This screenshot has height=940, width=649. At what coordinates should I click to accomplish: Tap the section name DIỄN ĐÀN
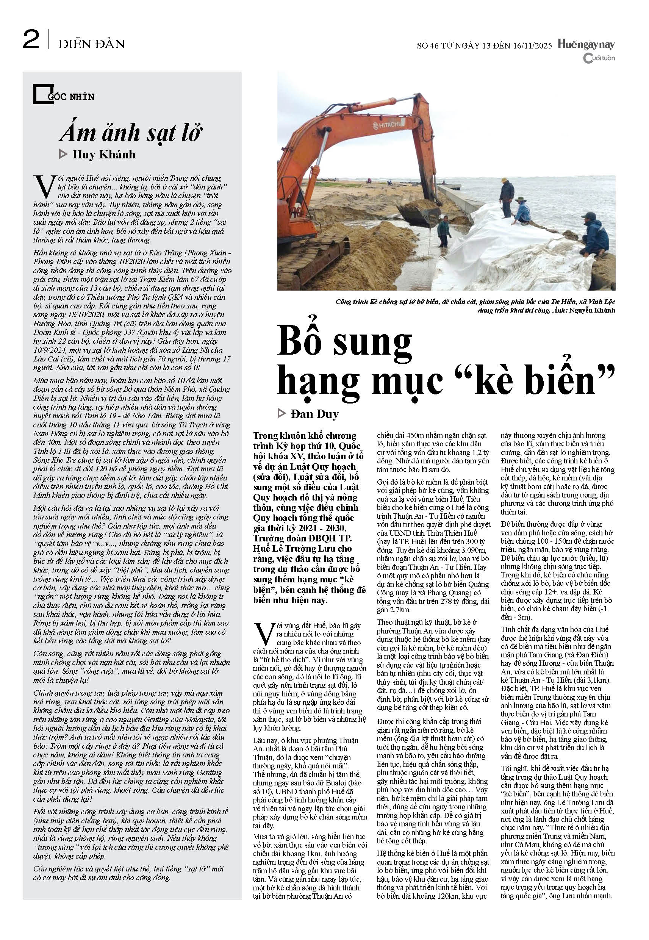91,44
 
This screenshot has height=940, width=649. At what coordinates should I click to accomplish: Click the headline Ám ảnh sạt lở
131,133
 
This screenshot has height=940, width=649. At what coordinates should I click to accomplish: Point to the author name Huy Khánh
104,155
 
